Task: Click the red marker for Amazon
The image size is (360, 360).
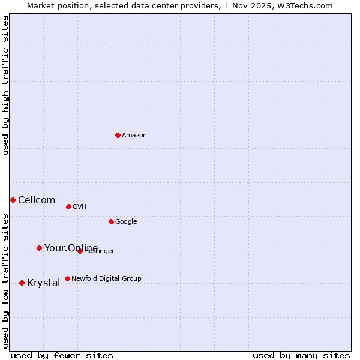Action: (x=118, y=135)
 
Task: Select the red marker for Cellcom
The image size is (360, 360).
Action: (x=13, y=200)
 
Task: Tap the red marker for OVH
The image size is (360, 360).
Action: (x=68, y=206)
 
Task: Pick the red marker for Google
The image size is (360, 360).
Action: (x=111, y=221)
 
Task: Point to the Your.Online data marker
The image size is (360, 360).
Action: (x=39, y=248)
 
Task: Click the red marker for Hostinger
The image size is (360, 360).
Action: (x=80, y=251)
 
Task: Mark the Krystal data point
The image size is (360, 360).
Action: (x=22, y=283)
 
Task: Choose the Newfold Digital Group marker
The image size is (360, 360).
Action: (x=67, y=278)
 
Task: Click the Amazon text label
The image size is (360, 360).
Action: (x=134, y=136)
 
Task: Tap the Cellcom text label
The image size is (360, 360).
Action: (x=37, y=200)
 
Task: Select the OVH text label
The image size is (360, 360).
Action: (x=80, y=207)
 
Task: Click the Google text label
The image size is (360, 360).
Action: (x=126, y=222)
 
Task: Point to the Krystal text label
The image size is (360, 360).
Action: (x=44, y=283)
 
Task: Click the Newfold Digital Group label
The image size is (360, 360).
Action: (x=106, y=278)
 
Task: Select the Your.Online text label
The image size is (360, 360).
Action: (x=71, y=248)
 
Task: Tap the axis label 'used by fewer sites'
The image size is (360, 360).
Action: (x=62, y=356)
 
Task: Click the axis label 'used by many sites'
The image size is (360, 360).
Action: (x=301, y=356)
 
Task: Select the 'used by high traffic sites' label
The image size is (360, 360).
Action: (x=5, y=86)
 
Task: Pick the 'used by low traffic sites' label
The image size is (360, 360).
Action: (x=5, y=281)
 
